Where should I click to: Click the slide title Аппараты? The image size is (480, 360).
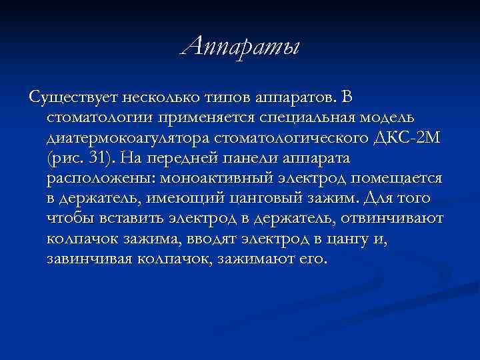pyautogui.click(x=241, y=47)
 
